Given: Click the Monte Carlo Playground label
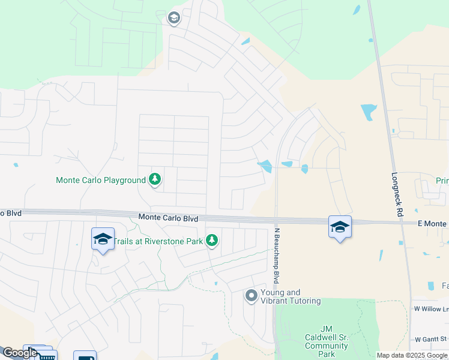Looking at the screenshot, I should [x=101, y=180].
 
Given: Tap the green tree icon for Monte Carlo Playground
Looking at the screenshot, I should [x=155, y=179].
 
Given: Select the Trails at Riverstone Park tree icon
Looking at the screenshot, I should [x=212, y=241].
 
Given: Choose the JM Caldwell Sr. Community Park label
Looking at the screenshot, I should [x=327, y=337].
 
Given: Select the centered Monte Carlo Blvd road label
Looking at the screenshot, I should [x=168, y=219].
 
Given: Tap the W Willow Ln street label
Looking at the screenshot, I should [x=432, y=309].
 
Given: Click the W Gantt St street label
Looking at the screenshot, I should [x=432, y=339].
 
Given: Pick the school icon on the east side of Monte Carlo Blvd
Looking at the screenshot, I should [x=340, y=227].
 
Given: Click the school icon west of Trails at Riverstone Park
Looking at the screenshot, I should [x=103, y=239].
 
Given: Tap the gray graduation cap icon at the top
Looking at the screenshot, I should [x=174, y=18].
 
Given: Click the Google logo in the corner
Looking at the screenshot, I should [x=19, y=353].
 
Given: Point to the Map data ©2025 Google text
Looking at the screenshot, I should [x=412, y=355].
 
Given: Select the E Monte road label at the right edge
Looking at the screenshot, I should [x=432, y=223].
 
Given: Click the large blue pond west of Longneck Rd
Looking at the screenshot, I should [x=369, y=112].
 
